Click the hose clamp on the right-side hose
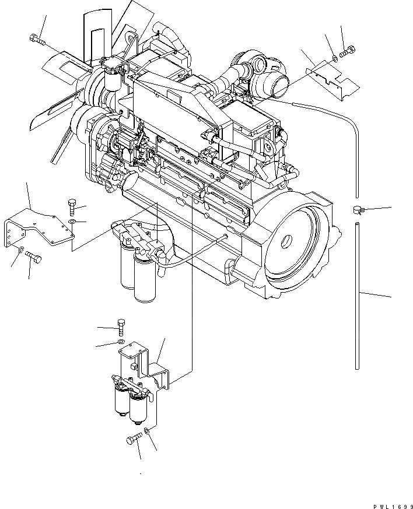pyautogui.click(x=358, y=209)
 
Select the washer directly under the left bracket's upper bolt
pyautogui.click(x=71, y=222)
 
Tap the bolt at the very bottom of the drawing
pyautogui.click(x=132, y=439)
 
